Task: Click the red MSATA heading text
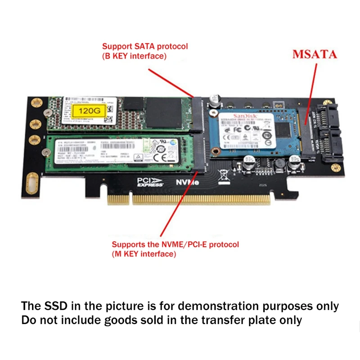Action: click(x=315, y=54)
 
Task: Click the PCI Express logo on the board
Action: click(x=147, y=182)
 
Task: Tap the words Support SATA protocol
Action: click(x=145, y=46)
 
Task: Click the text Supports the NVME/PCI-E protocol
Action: click(x=175, y=245)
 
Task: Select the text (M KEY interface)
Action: click(x=144, y=254)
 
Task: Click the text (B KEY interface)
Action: click(x=135, y=56)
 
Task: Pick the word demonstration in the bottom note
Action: click(x=215, y=306)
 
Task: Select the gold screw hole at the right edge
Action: click(x=334, y=168)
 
